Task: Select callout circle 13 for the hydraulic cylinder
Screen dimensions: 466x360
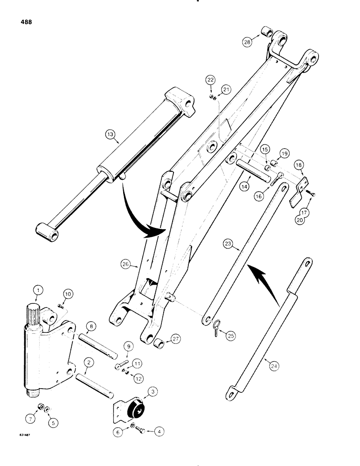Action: pyautogui.click(x=109, y=136)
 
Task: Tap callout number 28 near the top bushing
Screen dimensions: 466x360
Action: pyautogui.click(x=249, y=41)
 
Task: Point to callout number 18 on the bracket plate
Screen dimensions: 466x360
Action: pyautogui.click(x=298, y=165)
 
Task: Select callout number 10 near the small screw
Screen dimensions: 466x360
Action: pyautogui.click(x=68, y=294)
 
